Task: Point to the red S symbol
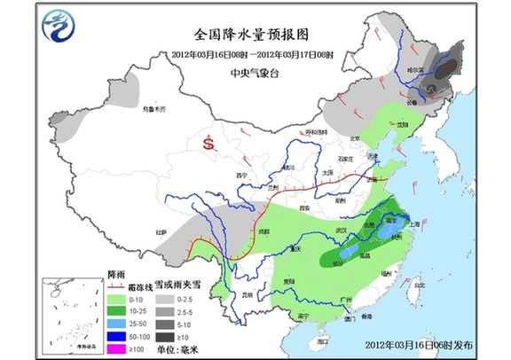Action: [x=208, y=141]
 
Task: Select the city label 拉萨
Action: [x=161, y=233]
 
